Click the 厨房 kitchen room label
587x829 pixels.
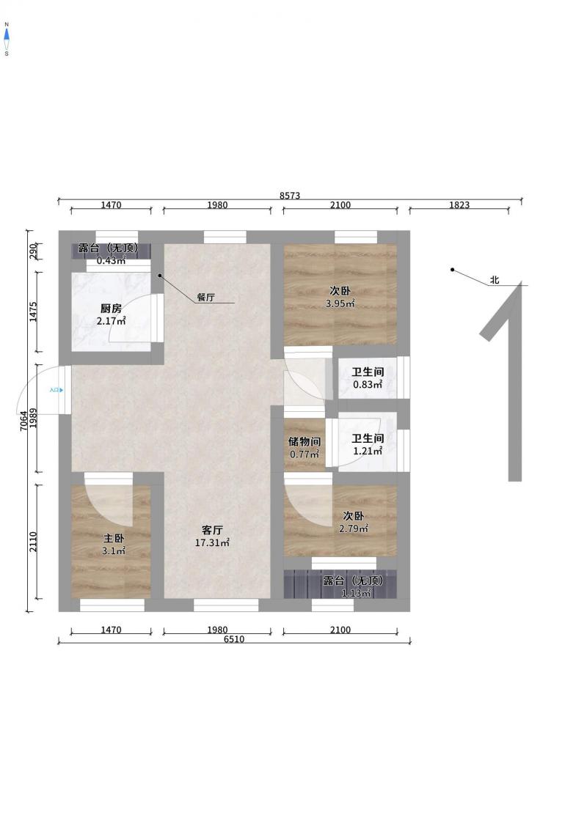click(x=111, y=309)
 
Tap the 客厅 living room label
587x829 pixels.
click(x=212, y=530)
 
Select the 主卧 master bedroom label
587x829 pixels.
click(x=114, y=539)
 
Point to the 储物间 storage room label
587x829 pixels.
click(x=305, y=441)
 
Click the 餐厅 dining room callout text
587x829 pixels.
click(x=206, y=297)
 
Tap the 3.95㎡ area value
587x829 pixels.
click(x=340, y=303)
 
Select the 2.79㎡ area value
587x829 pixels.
click(x=354, y=528)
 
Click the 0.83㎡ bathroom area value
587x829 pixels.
click(x=368, y=384)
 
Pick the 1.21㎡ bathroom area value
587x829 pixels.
click(x=368, y=451)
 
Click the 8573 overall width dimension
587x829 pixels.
click(x=290, y=196)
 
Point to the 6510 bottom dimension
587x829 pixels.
click(x=234, y=639)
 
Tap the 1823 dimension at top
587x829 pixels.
click(x=459, y=205)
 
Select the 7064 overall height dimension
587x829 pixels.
click(x=23, y=421)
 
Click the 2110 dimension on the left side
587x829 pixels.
click(x=33, y=542)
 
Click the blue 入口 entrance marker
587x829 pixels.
click(x=56, y=390)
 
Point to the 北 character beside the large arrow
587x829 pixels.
click(x=495, y=280)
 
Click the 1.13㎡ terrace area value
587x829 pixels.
click(x=356, y=593)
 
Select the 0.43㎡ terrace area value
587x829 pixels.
click(x=111, y=260)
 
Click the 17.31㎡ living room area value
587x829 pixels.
click(x=212, y=542)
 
